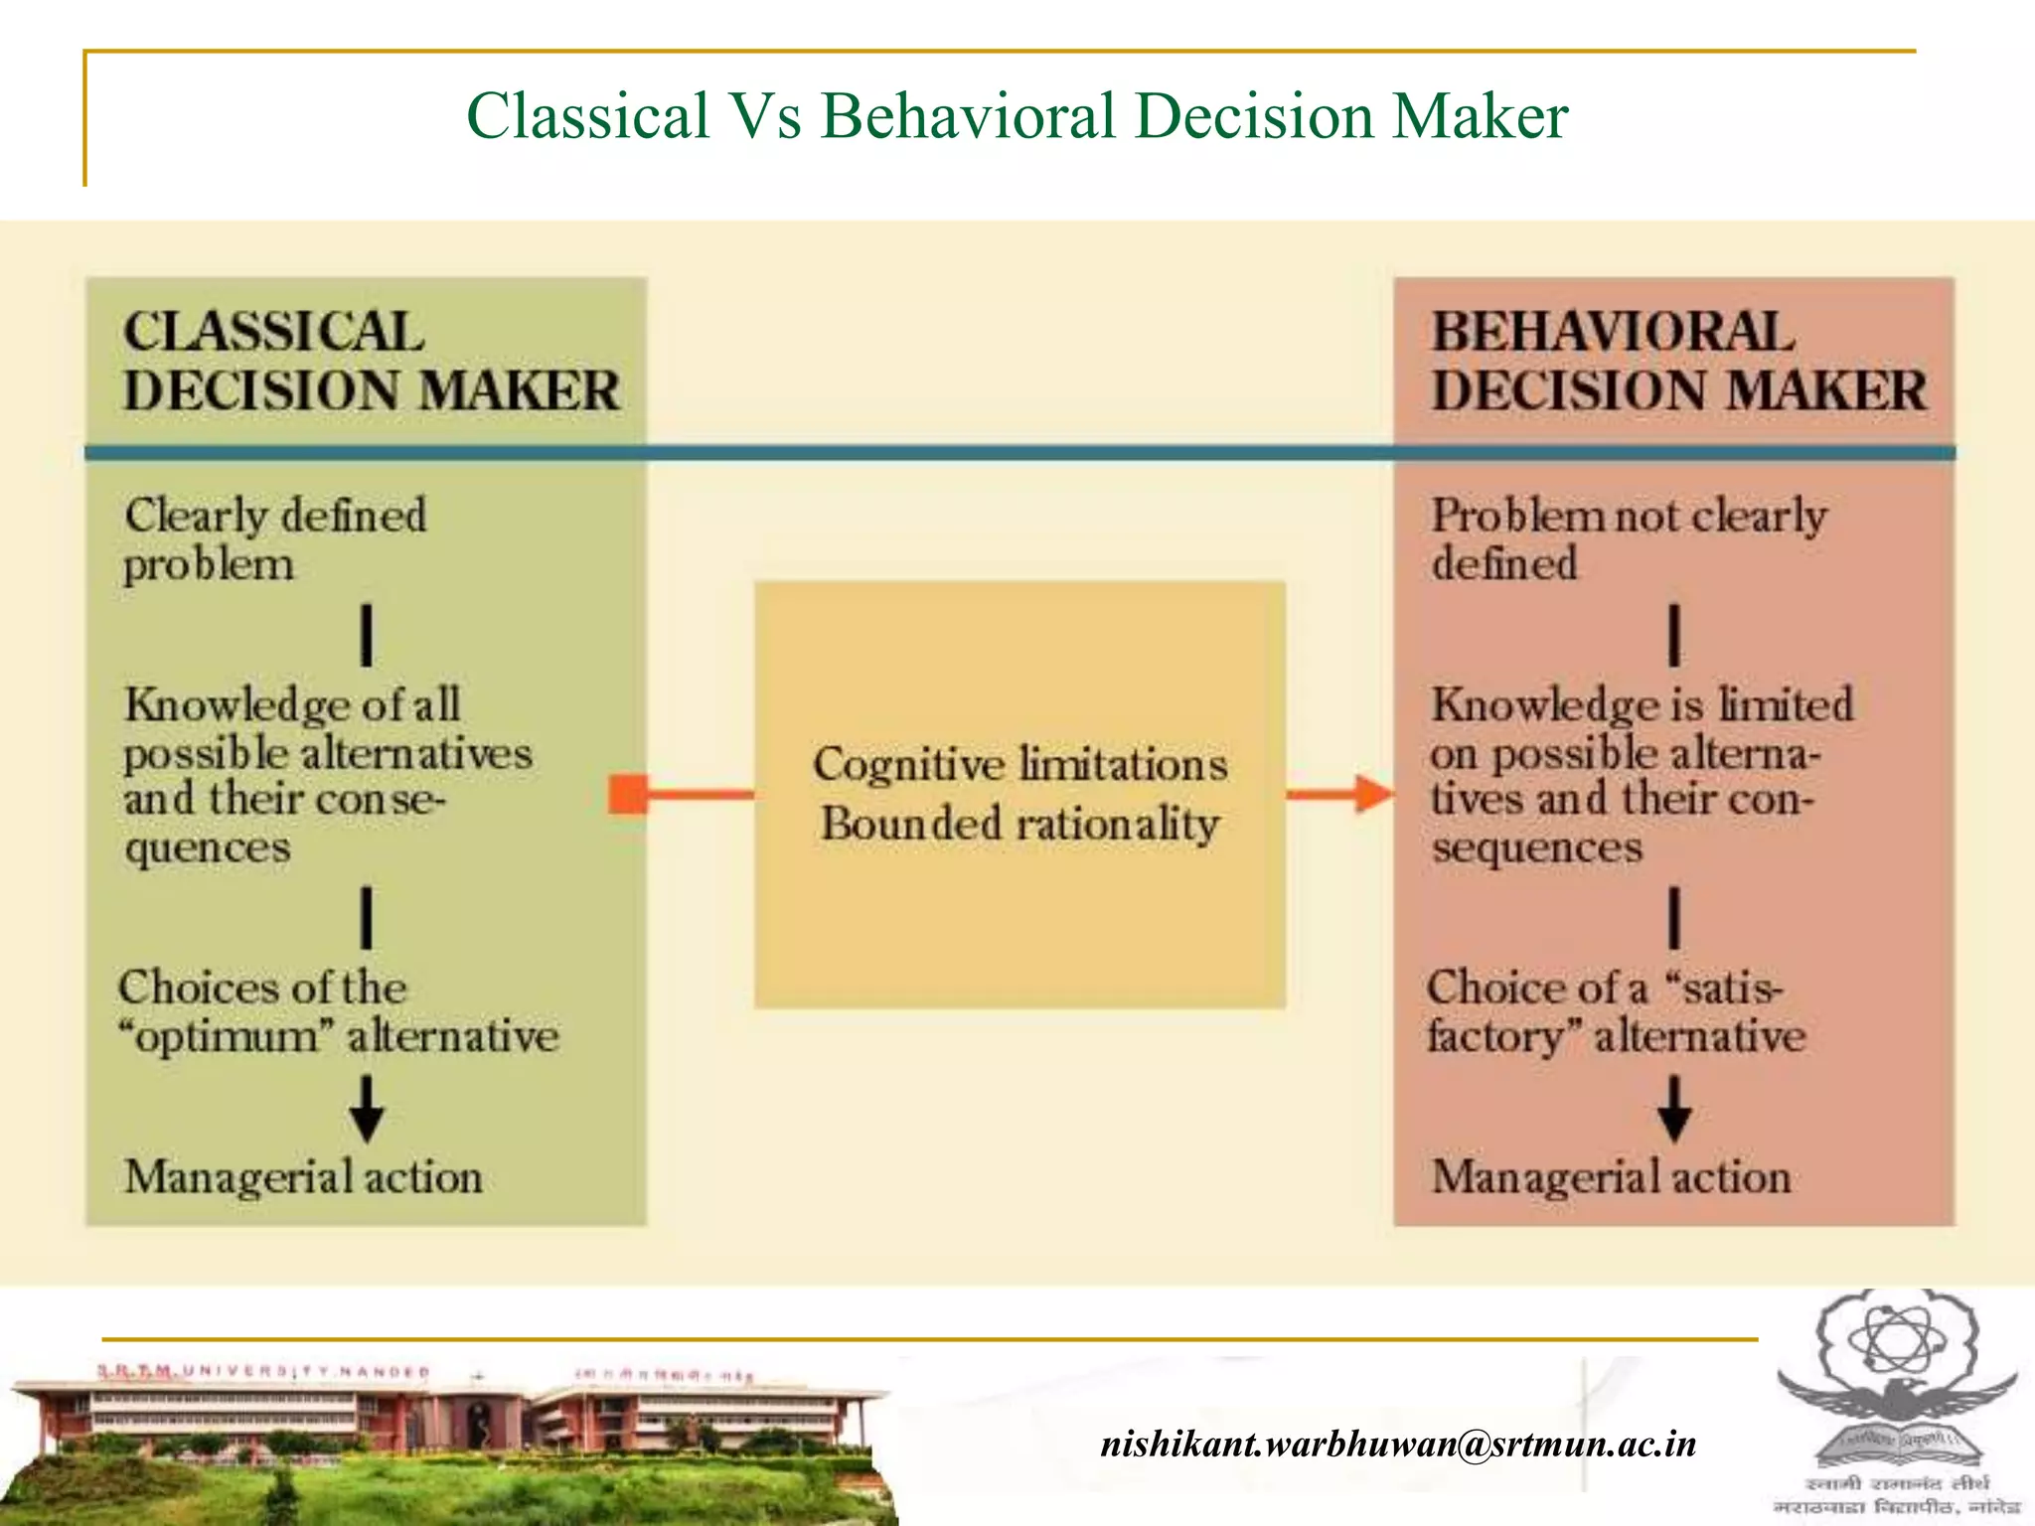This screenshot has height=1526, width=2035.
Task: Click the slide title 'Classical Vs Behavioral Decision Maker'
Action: pos(1017,115)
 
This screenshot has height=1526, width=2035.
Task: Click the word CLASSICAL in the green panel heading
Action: pos(273,332)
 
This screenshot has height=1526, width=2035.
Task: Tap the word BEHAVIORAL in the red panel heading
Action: pos(1613,332)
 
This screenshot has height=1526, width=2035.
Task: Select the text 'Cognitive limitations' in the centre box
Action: pos(1019,765)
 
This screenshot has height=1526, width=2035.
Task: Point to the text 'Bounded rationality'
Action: pos(1019,825)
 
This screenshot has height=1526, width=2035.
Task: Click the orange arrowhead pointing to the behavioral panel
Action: pos(1373,794)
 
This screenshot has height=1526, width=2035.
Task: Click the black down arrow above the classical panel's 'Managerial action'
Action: pos(367,1109)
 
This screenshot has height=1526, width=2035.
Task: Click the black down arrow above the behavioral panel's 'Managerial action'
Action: pos(1674,1109)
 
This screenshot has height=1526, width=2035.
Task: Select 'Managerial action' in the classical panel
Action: pos(303,1177)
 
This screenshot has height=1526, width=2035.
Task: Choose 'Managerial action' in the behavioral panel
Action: pos(1611,1177)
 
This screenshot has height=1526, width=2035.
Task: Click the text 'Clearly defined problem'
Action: pos(274,539)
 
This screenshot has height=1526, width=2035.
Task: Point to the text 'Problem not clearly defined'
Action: pos(1628,539)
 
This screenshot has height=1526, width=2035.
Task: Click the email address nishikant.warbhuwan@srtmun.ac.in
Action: pos(1398,1443)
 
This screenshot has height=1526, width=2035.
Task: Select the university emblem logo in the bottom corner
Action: pos(1896,1401)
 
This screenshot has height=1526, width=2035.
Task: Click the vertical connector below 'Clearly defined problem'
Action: pos(367,635)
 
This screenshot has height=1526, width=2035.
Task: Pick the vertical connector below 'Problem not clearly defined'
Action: pos(1674,635)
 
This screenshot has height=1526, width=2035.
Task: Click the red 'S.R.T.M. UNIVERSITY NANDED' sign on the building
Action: pos(263,1372)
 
